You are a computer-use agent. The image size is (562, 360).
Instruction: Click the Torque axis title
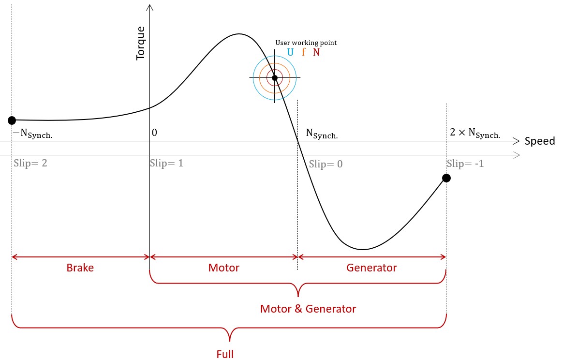pyautogui.click(x=140, y=44)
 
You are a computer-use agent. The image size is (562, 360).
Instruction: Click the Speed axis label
pyautogui.click(x=540, y=141)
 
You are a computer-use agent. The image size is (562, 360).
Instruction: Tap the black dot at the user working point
pyautogui.click(x=275, y=78)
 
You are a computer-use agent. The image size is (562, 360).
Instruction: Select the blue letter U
pyautogui.click(x=290, y=52)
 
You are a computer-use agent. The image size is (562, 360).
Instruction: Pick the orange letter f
pyautogui.click(x=304, y=52)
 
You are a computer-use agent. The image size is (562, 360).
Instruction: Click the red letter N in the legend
pyautogui.click(x=316, y=52)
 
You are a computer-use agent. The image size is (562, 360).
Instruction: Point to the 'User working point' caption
pyautogui.click(x=306, y=43)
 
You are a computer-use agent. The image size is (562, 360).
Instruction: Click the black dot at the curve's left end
pyautogui.click(x=12, y=120)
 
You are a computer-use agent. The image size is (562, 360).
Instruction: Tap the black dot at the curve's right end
pyautogui.click(x=446, y=178)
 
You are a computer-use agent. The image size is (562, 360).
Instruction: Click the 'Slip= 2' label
pyautogui.click(x=30, y=164)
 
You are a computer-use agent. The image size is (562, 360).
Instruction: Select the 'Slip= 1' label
pyautogui.click(x=167, y=164)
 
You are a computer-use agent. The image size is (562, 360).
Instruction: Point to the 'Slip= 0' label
pyautogui.click(x=326, y=164)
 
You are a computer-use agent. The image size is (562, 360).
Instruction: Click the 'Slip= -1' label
pyautogui.click(x=465, y=164)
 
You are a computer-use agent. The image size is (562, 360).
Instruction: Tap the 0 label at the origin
pyautogui.click(x=154, y=133)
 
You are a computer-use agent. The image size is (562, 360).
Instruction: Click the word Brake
pyautogui.click(x=80, y=268)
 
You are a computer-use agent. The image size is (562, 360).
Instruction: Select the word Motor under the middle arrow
pyautogui.click(x=223, y=268)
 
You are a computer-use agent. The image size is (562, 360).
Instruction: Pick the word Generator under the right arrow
pyautogui.click(x=371, y=268)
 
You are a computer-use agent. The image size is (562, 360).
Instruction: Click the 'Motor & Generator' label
pyautogui.click(x=308, y=309)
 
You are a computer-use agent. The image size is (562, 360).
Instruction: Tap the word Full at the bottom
pyautogui.click(x=225, y=354)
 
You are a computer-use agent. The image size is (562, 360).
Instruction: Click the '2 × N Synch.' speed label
pyautogui.click(x=475, y=134)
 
